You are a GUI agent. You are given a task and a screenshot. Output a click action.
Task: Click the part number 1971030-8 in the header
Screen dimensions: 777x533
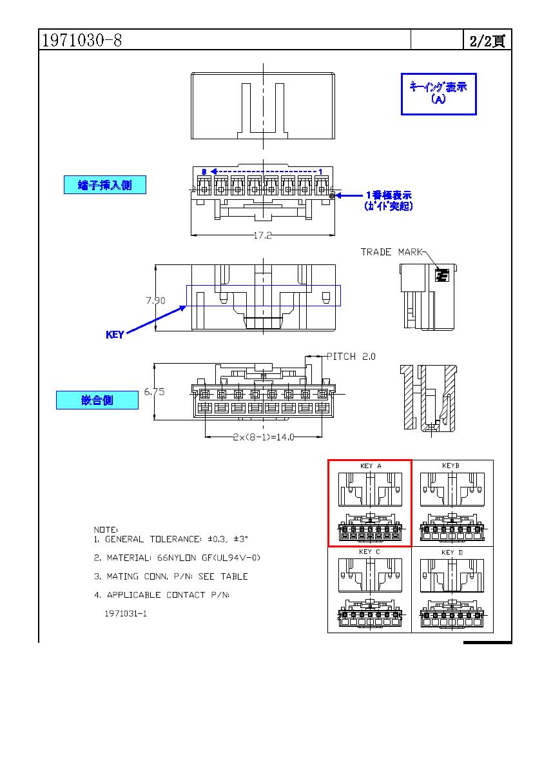[x=81, y=41]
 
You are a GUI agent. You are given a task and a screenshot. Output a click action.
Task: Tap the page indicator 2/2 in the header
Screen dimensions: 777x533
[x=487, y=41]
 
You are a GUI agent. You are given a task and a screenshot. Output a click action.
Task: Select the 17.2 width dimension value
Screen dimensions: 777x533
[x=263, y=236]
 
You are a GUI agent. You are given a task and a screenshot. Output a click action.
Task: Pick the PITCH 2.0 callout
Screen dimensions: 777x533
[x=351, y=357]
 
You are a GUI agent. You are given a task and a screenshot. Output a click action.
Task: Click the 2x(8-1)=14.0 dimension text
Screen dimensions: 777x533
[x=263, y=437]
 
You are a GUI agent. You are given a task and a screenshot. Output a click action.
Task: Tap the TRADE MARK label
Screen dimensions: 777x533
[x=391, y=252]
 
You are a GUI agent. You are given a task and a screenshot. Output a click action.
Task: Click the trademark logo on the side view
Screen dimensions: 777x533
[x=441, y=276]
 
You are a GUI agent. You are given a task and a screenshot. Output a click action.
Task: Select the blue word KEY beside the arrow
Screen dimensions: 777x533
[x=115, y=335]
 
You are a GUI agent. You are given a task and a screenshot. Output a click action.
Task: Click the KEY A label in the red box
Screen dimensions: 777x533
[x=370, y=466]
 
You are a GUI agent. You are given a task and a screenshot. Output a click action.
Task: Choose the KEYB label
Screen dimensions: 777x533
[x=451, y=466]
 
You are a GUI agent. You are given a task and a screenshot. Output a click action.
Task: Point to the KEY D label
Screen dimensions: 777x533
[x=452, y=553]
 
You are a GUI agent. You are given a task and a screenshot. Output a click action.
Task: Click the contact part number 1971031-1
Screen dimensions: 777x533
[x=126, y=613]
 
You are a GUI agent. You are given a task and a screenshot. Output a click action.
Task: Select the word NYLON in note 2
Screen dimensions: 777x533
[x=186, y=558]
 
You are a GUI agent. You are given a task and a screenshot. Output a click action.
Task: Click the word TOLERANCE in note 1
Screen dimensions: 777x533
[x=177, y=539]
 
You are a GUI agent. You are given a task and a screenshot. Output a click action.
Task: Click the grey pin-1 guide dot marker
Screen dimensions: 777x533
[x=333, y=195]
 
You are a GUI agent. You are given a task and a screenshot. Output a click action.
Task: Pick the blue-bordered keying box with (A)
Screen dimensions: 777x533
[x=438, y=93]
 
